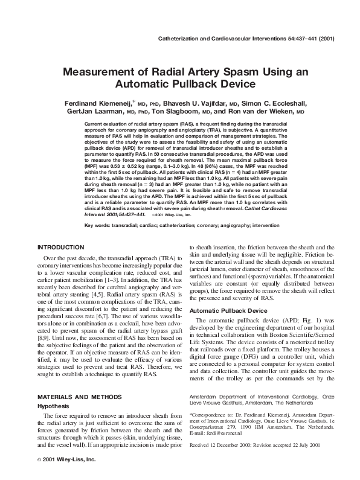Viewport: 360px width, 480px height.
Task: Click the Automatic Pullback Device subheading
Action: (x=228, y=311)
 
